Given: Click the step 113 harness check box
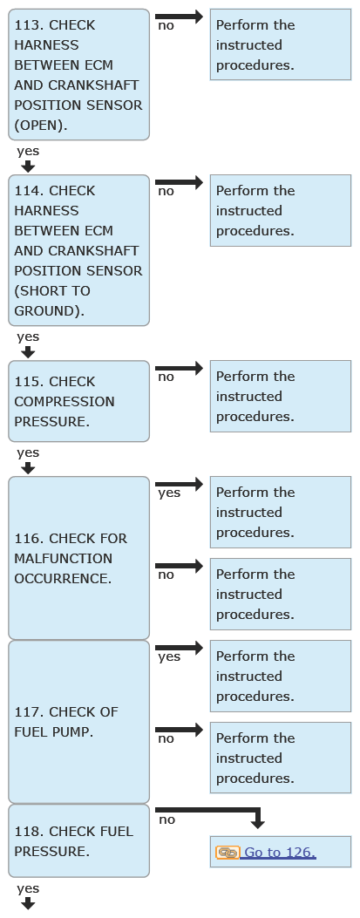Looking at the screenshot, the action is (79, 74).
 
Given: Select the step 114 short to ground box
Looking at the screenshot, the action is (79, 250).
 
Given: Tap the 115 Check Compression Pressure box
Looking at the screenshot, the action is (79, 401).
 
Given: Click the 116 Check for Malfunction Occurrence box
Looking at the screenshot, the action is (79, 558).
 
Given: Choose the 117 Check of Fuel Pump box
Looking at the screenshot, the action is (79, 722).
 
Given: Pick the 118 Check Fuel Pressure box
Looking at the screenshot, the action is (79, 840).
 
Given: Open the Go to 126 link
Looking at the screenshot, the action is (280, 853).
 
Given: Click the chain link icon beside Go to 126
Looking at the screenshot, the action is (228, 853).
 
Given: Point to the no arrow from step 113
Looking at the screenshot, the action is (179, 17).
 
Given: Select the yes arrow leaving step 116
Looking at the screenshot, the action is (179, 484).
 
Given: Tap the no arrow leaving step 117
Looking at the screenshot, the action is (179, 730).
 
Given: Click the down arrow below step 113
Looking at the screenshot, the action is (28, 167).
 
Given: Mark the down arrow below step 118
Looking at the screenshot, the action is (28, 904).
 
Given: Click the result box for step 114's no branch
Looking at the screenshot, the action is (281, 210).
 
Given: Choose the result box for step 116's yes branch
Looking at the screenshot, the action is (281, 513).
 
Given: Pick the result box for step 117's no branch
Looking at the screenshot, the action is (281, 758).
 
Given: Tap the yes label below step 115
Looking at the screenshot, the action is (28, 453).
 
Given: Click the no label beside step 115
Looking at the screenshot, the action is (166, 377).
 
